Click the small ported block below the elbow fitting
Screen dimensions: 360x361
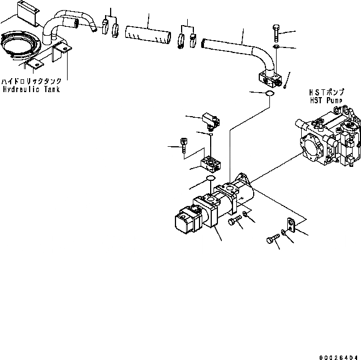(x=212, y=162)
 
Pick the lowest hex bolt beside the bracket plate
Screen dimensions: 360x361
(x=272, y=240)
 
